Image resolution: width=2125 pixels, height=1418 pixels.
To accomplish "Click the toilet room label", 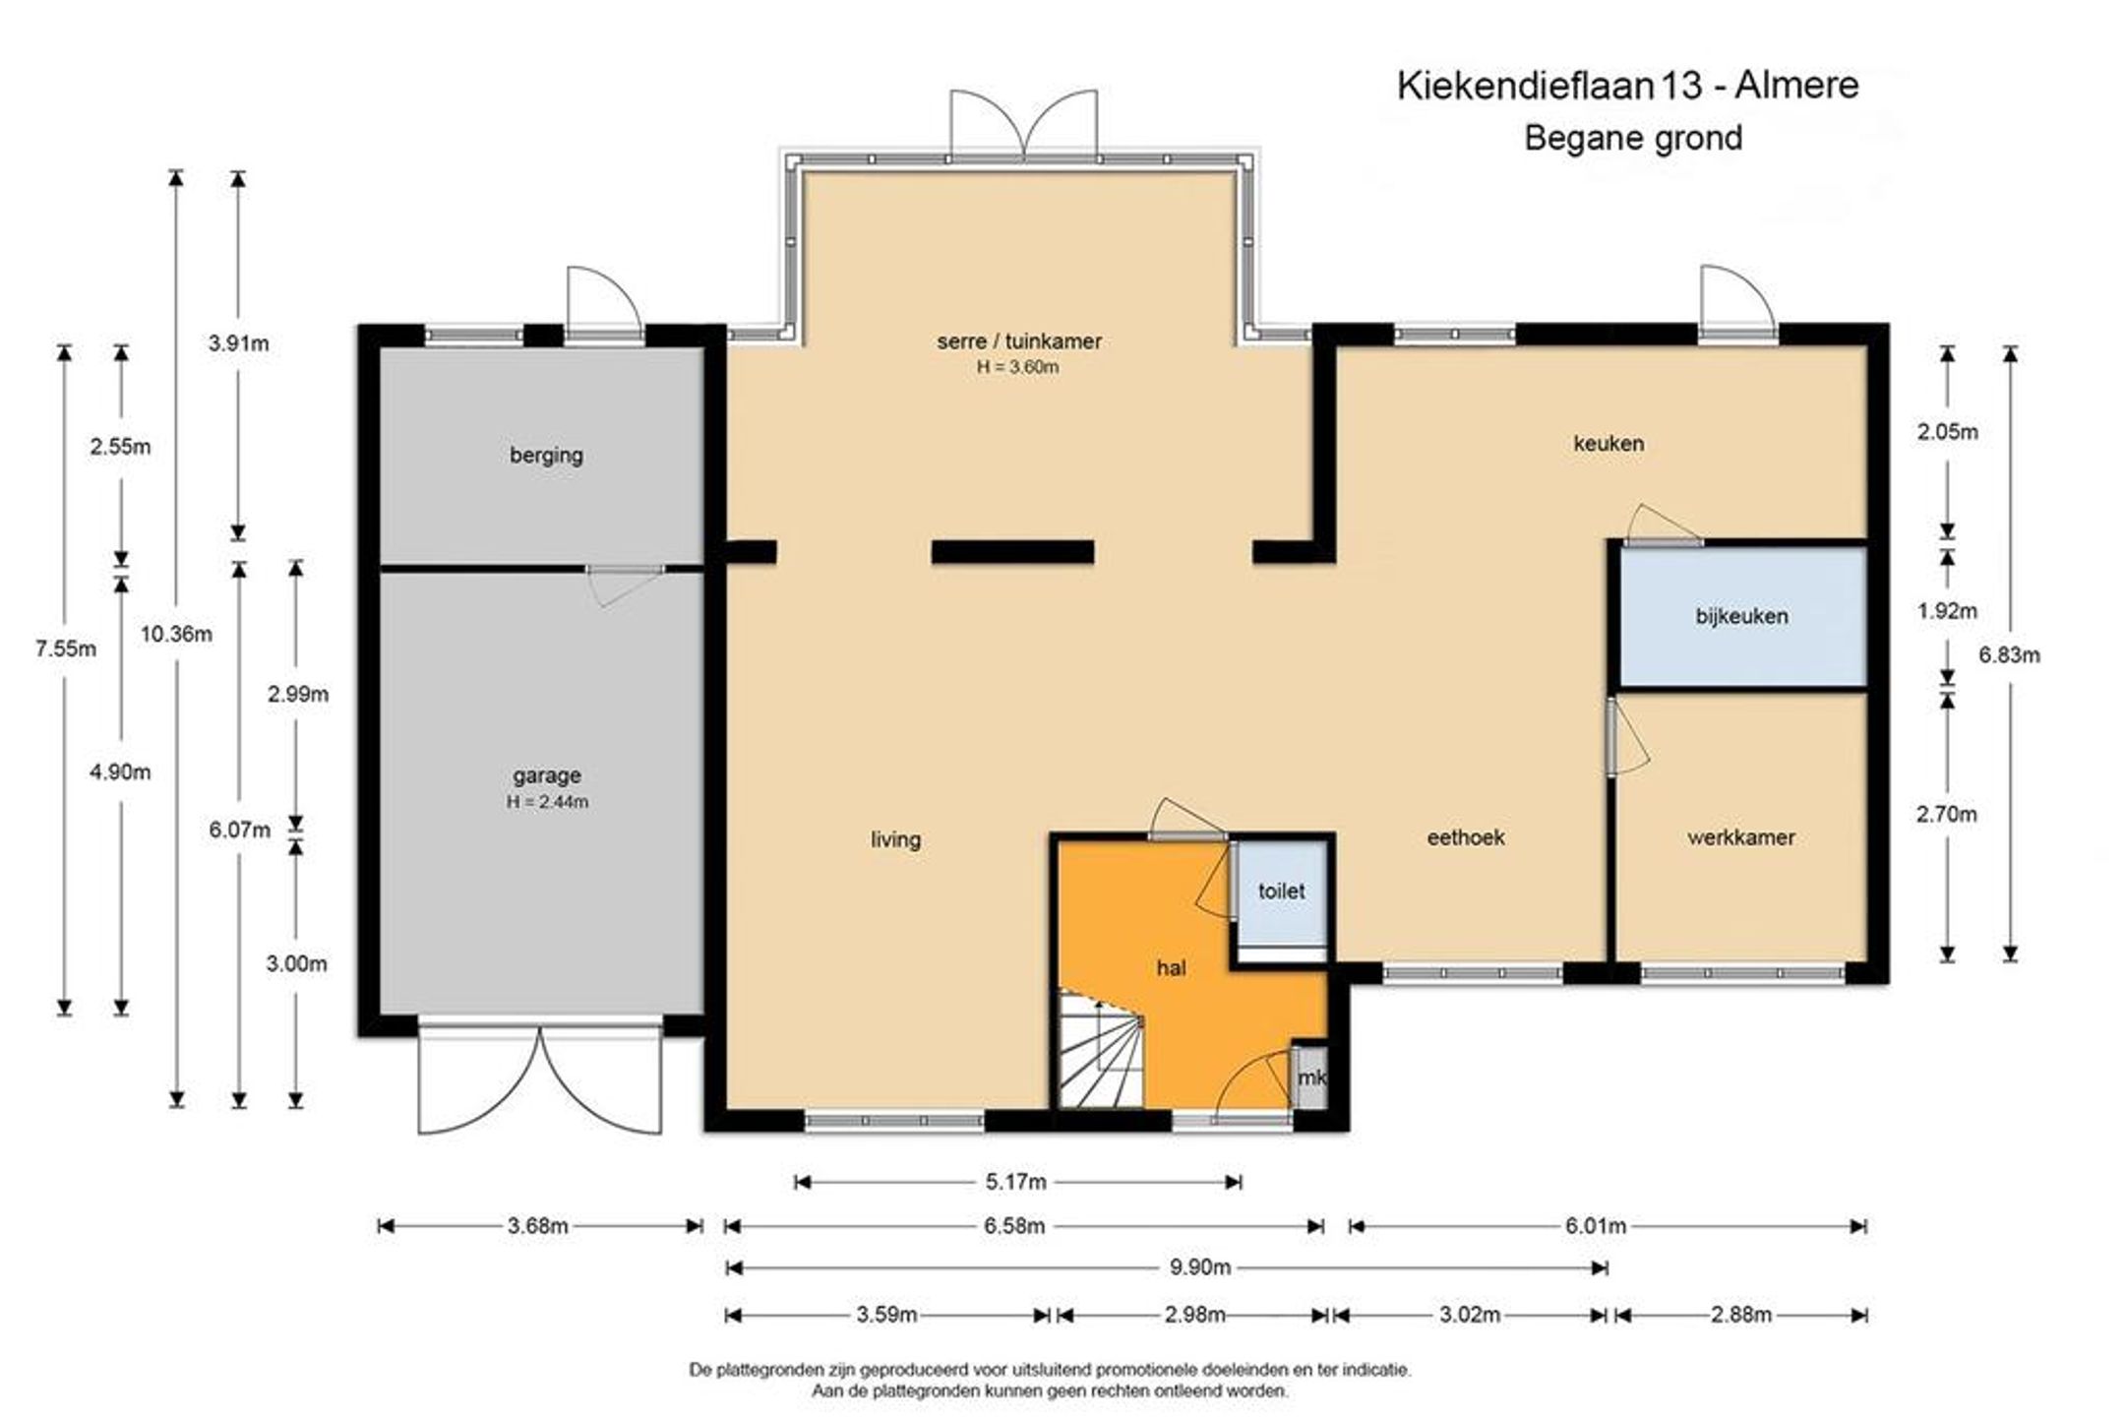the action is coord(1281,891).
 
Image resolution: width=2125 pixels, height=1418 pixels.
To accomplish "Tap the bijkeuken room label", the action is coord(1741,616).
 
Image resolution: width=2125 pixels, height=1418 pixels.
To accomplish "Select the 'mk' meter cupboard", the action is coord(1310,1078).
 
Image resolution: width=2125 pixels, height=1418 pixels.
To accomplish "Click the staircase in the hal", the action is coord(1100,1049).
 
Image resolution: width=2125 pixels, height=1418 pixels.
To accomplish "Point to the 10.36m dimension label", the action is coord(176,634).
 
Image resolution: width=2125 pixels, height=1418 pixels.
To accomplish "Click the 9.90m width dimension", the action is coord(1199,1267).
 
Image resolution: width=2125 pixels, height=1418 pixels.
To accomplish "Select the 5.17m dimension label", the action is coord(1016,1181).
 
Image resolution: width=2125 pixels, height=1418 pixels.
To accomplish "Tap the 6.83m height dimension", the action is coord(2010,654).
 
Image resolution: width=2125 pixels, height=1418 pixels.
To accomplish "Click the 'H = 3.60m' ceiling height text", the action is coord(1018,367).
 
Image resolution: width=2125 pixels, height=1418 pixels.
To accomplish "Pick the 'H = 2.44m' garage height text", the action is coord(547,802).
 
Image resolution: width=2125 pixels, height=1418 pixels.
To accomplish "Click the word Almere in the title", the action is coord(1796,85).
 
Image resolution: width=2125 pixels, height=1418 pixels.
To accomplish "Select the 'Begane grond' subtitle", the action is coord(1633,138).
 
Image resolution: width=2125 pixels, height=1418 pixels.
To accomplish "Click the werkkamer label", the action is coord(1741,837).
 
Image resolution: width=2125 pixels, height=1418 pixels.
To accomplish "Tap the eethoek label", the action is coord(1466,837).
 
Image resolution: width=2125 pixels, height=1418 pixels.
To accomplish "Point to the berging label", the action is coord(546,456).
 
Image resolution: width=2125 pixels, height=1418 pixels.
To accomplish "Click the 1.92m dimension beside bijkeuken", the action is coord(1947,611).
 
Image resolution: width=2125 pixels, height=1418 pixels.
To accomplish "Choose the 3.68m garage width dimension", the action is coord(538,1226).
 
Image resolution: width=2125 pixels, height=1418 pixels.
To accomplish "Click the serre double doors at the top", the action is coord(1023,124).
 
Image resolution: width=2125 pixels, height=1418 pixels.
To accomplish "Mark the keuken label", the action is coord(1609,444).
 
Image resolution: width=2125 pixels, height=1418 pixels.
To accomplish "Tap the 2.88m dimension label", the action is coord(1741,1315).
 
